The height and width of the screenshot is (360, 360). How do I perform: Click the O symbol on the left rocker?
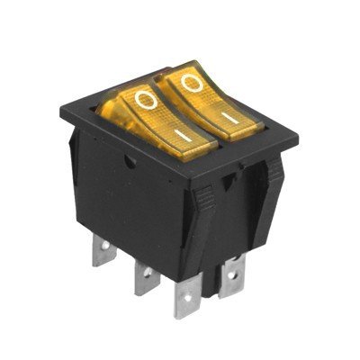[146, 101]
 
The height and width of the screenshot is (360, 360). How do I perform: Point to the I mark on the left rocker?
[183, 136]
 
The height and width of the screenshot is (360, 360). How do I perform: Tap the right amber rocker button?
[210, 101]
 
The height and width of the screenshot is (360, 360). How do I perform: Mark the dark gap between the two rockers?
[187, 114]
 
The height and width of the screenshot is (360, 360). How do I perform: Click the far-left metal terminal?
[103, 250]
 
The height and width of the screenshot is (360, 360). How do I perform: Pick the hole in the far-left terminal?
[105, 246]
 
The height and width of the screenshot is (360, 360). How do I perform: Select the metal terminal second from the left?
[146, 277]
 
